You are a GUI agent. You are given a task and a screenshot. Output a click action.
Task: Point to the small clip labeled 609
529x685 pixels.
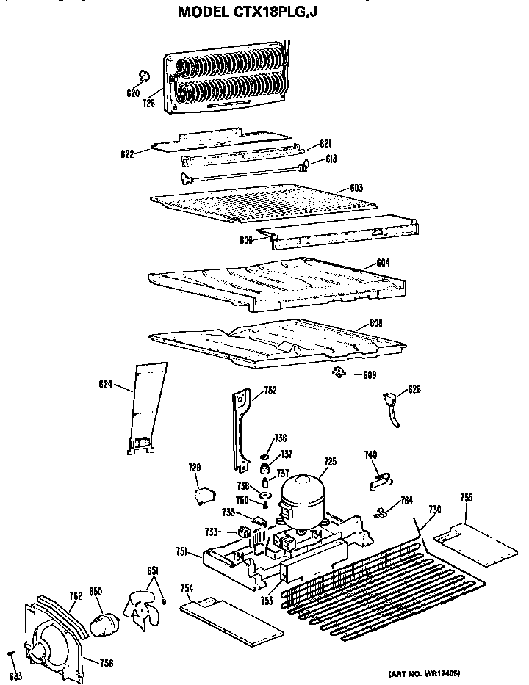339,374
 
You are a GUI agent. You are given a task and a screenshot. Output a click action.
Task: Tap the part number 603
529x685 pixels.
356,189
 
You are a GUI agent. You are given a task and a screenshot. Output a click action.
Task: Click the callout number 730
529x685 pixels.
435,509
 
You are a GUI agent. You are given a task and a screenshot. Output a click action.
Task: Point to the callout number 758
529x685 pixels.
107,664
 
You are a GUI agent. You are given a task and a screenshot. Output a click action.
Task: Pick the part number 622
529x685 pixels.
126,154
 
